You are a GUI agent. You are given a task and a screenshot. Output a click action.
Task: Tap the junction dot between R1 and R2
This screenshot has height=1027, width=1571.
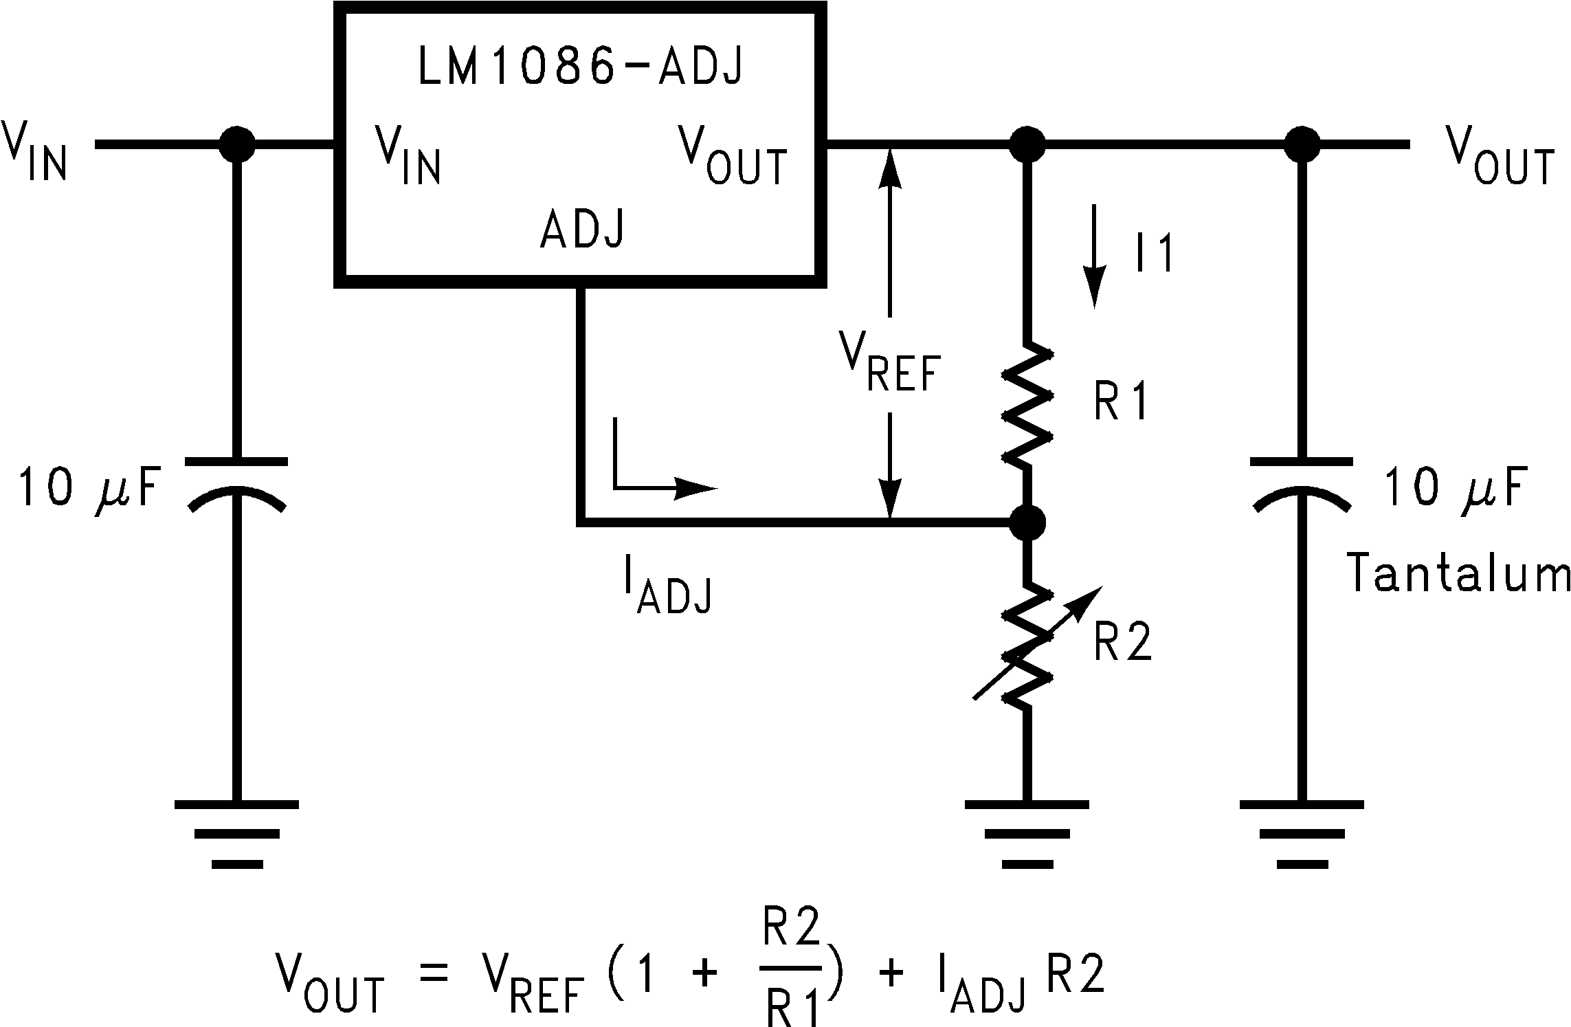(x=1027, y=523)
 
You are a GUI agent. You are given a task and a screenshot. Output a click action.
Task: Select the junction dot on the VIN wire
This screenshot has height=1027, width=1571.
(x=236, y=144)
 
